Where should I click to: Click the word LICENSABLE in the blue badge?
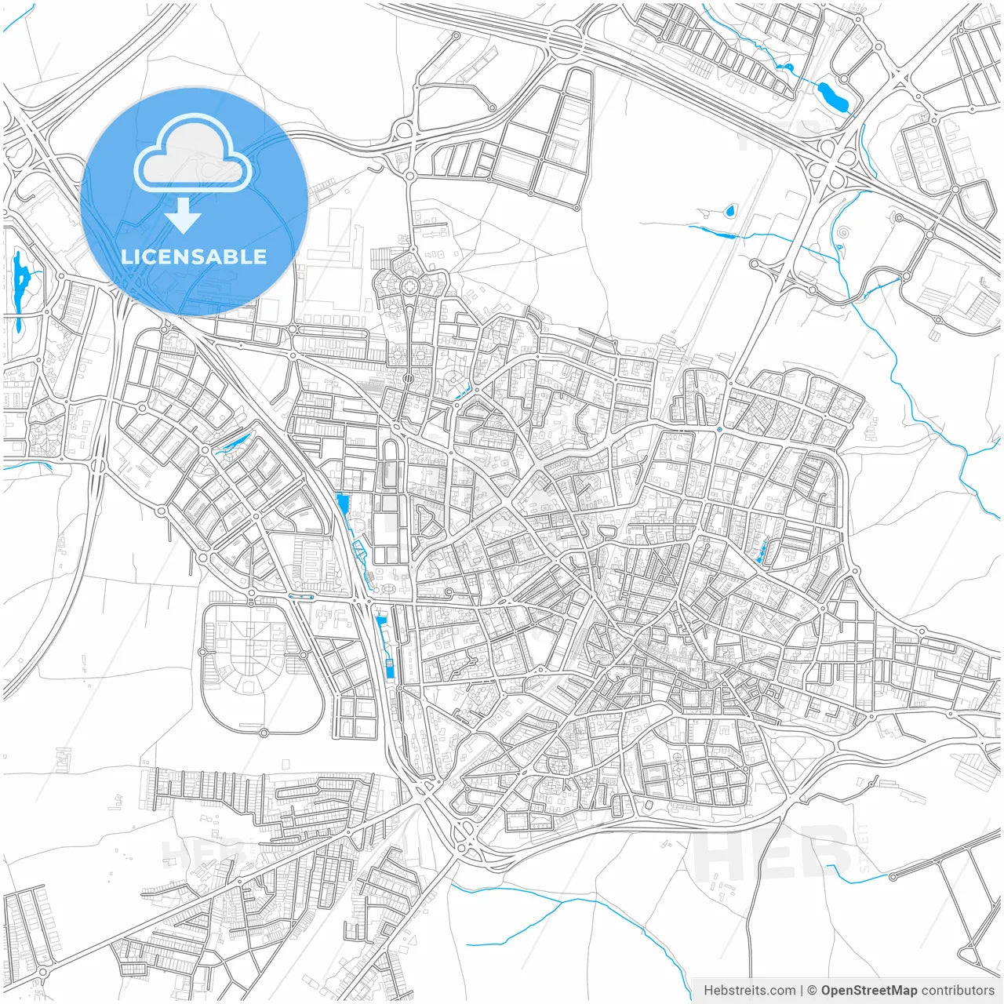click(x=194, y=256)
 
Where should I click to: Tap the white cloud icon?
click(x=193, y=153)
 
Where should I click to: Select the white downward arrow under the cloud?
click(x=184, y=215)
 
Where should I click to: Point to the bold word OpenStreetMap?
click(x=868, y=991)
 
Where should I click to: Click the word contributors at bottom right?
click(x=958, y=991)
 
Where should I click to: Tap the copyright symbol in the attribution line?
click(x=812, y=991)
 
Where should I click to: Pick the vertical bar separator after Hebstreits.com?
click(x=802, y=991)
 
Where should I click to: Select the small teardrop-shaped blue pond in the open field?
click(x=730, y=210)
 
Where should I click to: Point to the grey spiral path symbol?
click(x=843, y=233)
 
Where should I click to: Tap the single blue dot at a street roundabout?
click(x=719, y=430)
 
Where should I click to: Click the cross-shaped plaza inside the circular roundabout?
click(x=409, y=287)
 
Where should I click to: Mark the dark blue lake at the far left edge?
click(x=20, y=282)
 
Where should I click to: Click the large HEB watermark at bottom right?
click(x=773, y=853)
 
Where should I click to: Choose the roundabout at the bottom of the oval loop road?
click(x=264, y=732)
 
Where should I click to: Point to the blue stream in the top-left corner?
click(x=19, y=19)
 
